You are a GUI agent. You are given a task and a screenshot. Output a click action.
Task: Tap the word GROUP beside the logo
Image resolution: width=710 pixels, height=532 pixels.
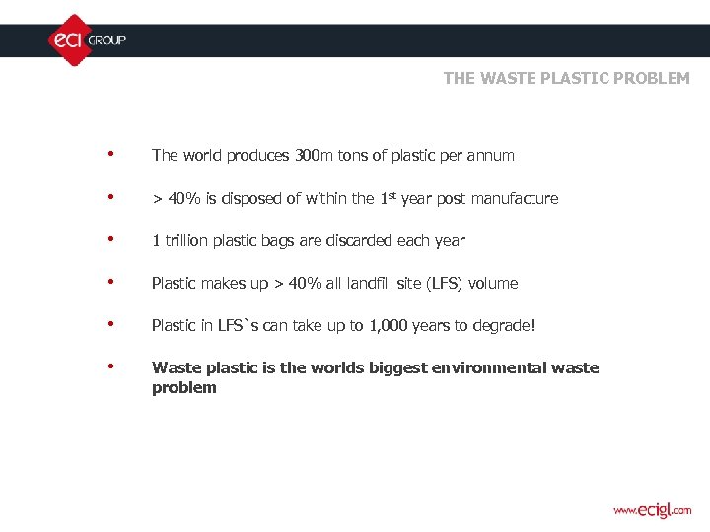point(107,40)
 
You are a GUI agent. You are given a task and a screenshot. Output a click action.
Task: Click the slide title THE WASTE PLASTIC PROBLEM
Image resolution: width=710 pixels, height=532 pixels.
point(566,78)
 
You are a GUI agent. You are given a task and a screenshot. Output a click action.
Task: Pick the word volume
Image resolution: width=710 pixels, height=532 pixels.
point(493,284)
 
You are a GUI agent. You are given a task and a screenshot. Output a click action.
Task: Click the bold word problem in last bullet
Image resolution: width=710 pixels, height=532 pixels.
point(183,388)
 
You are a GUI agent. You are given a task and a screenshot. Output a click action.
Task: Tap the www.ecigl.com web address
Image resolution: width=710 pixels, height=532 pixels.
point(652,510)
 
